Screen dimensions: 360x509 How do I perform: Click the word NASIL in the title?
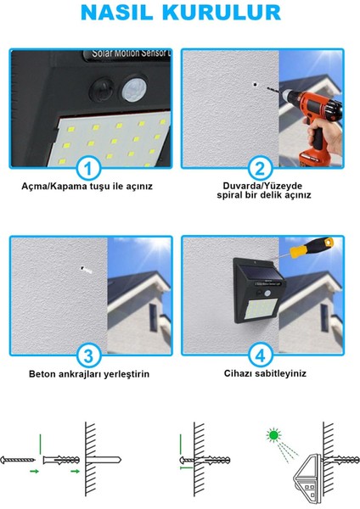pos(116,13)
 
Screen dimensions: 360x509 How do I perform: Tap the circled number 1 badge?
pos(88,169)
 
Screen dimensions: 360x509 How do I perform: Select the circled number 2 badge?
pos(260,169)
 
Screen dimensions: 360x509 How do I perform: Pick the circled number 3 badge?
pos(88,355)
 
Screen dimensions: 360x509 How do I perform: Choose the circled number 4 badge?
pos(260,355)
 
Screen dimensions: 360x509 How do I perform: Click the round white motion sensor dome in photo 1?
pos(134,90)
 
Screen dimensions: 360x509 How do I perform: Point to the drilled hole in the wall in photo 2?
pos(256,85)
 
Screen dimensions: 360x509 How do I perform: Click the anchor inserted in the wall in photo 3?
pos(87,270)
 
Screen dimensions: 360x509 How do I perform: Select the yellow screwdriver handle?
pos(312,248)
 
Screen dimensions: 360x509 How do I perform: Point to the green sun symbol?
pos(273,435)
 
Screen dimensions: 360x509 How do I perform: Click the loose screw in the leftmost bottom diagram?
pos(18,460)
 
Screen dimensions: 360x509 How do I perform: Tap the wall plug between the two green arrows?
pos(61,460)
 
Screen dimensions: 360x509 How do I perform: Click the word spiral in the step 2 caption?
pos(229,195)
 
